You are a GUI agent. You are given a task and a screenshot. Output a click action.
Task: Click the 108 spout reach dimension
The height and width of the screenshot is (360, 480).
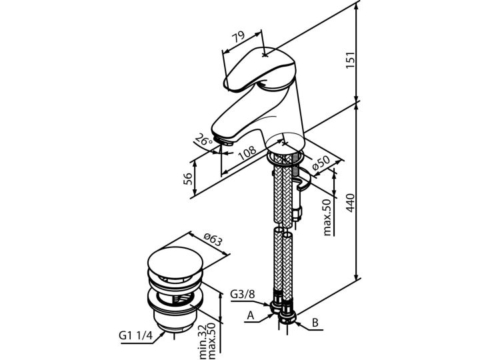tap(247, 153)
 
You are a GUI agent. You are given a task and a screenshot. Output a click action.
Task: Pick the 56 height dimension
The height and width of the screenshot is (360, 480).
tap(187, 179)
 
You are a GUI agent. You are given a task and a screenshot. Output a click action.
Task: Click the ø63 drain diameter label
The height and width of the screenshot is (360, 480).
tap(212, 239)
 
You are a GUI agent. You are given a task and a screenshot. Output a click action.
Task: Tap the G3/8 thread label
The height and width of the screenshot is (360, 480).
tap(242, 294)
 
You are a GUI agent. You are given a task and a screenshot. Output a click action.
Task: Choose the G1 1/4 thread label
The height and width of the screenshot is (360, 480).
tap(135, 335)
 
